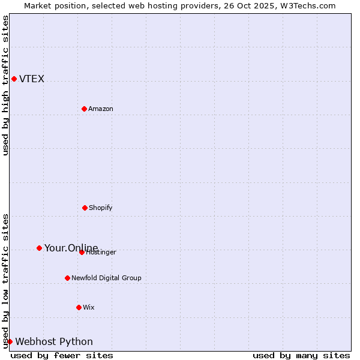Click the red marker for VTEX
click(14, 79)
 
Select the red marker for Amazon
click(84, 109)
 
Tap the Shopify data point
click(85, 208)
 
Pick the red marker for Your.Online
click(39, 248)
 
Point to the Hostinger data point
click(82, 252)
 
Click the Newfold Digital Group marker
click(67, 278)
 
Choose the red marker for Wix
click(79, 307)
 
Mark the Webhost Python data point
click(10, 341)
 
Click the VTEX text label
click(32, 79)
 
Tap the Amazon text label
click(101, 109)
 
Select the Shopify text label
click(101, 208)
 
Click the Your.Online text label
click(71, 248)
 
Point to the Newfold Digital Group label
click(106, 278)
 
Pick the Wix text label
click(89, 307)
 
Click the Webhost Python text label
click(54, 341)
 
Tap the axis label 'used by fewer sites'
click(62, 355)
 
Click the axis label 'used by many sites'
click(301, 355)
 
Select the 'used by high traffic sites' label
click(5, 85)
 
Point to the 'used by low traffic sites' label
click(5, 281)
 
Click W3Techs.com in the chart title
click(307, 5)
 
